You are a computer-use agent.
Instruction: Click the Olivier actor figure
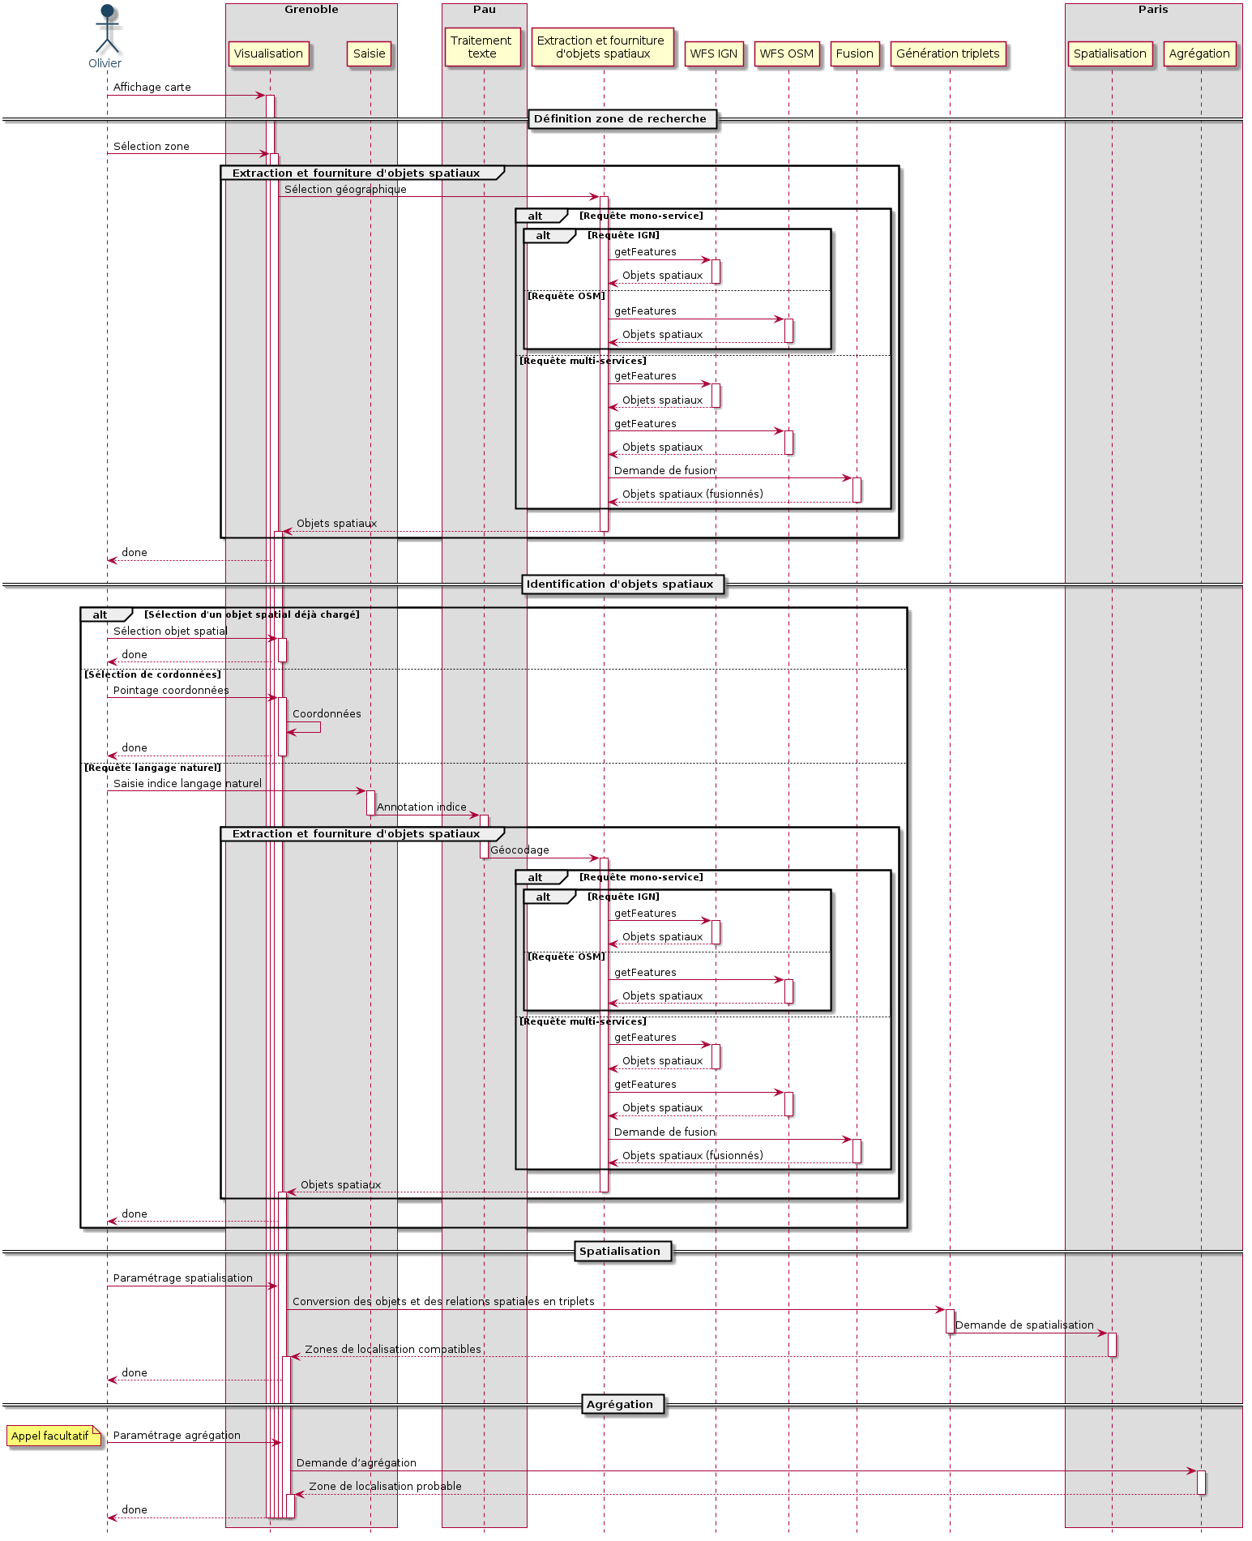106,31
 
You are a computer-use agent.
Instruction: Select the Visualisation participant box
268,54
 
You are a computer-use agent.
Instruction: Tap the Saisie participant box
370,54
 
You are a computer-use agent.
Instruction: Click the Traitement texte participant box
482,47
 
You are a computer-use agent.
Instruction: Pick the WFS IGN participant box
714,54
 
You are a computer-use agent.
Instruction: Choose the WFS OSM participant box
787,54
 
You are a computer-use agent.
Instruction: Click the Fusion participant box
855,54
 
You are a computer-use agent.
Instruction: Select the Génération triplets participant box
948,54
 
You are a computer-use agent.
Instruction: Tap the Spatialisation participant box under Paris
1110,54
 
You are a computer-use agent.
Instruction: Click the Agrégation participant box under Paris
1199,54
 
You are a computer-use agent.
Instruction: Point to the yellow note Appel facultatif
51,1436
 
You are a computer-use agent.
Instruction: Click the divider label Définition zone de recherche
621,119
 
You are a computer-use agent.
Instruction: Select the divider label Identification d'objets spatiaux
621,584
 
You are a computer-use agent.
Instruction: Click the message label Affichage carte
152,88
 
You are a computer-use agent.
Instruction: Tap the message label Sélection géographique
345,190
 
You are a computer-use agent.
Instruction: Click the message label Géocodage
519,850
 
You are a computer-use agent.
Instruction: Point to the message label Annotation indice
421,807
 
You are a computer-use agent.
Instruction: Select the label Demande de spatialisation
1024,1325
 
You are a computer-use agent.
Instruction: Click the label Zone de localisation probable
385,1487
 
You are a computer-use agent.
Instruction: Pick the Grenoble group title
311,10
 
